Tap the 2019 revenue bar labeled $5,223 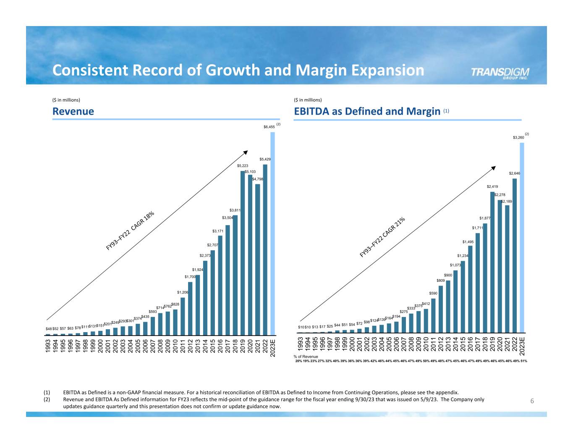tap(243, 252)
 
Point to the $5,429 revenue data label tap(265, 159)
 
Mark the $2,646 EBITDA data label tap(515, 173)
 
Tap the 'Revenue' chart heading tap(73, 111)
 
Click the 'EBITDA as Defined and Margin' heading tap(364, 111)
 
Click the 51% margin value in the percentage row tap(524, 361)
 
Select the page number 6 tap(532, 401)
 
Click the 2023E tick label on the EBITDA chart tap(522, 346)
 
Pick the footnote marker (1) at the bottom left tap(47, 393)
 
